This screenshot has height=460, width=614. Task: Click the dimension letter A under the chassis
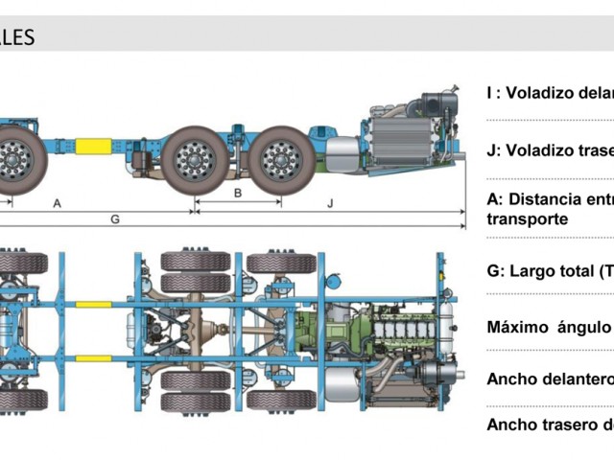(x=58, y=203)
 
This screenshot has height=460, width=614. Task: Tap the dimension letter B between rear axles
(x=238, y=193)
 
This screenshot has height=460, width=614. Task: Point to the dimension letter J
(x=330, y=203)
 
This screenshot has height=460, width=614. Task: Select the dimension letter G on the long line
(x=114, y=219)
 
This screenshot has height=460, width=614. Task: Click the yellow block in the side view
(x=93, y=147)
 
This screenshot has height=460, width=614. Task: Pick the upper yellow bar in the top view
(x=93, y=305)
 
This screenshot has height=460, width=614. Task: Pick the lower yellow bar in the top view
(x=93, y=359)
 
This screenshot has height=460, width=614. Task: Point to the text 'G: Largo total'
(x=543, y=271)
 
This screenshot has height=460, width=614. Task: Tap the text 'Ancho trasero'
(x=542, y=425)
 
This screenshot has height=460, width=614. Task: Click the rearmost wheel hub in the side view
(x=281, y=158)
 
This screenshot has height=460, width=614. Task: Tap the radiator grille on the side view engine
(x=401, y=139)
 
